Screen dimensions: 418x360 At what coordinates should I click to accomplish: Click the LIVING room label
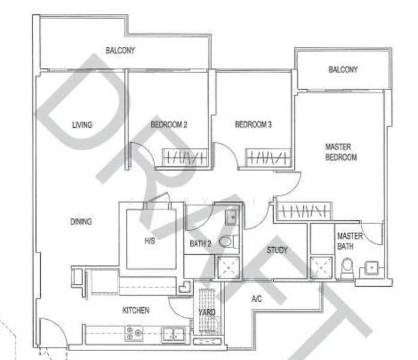82,125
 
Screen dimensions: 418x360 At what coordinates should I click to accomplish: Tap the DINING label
81,221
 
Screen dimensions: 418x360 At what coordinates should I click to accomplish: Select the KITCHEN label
136,310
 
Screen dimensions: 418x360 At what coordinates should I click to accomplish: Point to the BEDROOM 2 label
169,125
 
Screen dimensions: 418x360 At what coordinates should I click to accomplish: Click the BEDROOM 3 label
253,124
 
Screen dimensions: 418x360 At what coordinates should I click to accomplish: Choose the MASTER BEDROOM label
341,152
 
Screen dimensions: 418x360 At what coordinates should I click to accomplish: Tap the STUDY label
277,250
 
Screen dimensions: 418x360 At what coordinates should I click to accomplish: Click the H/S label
150,241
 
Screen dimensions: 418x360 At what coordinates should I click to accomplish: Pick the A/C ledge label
256,299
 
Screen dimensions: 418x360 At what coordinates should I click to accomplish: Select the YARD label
207,312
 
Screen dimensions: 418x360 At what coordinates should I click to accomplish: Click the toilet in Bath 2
229,241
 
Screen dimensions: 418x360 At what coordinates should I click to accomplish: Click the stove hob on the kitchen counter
134,333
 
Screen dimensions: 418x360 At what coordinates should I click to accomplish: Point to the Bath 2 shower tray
228,268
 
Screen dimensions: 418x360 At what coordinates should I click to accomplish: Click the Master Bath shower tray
321,268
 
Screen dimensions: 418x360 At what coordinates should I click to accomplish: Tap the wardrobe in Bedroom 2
185,158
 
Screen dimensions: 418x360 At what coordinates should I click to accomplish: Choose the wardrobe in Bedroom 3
268,158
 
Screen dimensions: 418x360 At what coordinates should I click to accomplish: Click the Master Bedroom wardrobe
304,211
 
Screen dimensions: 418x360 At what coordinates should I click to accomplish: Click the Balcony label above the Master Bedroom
343,70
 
